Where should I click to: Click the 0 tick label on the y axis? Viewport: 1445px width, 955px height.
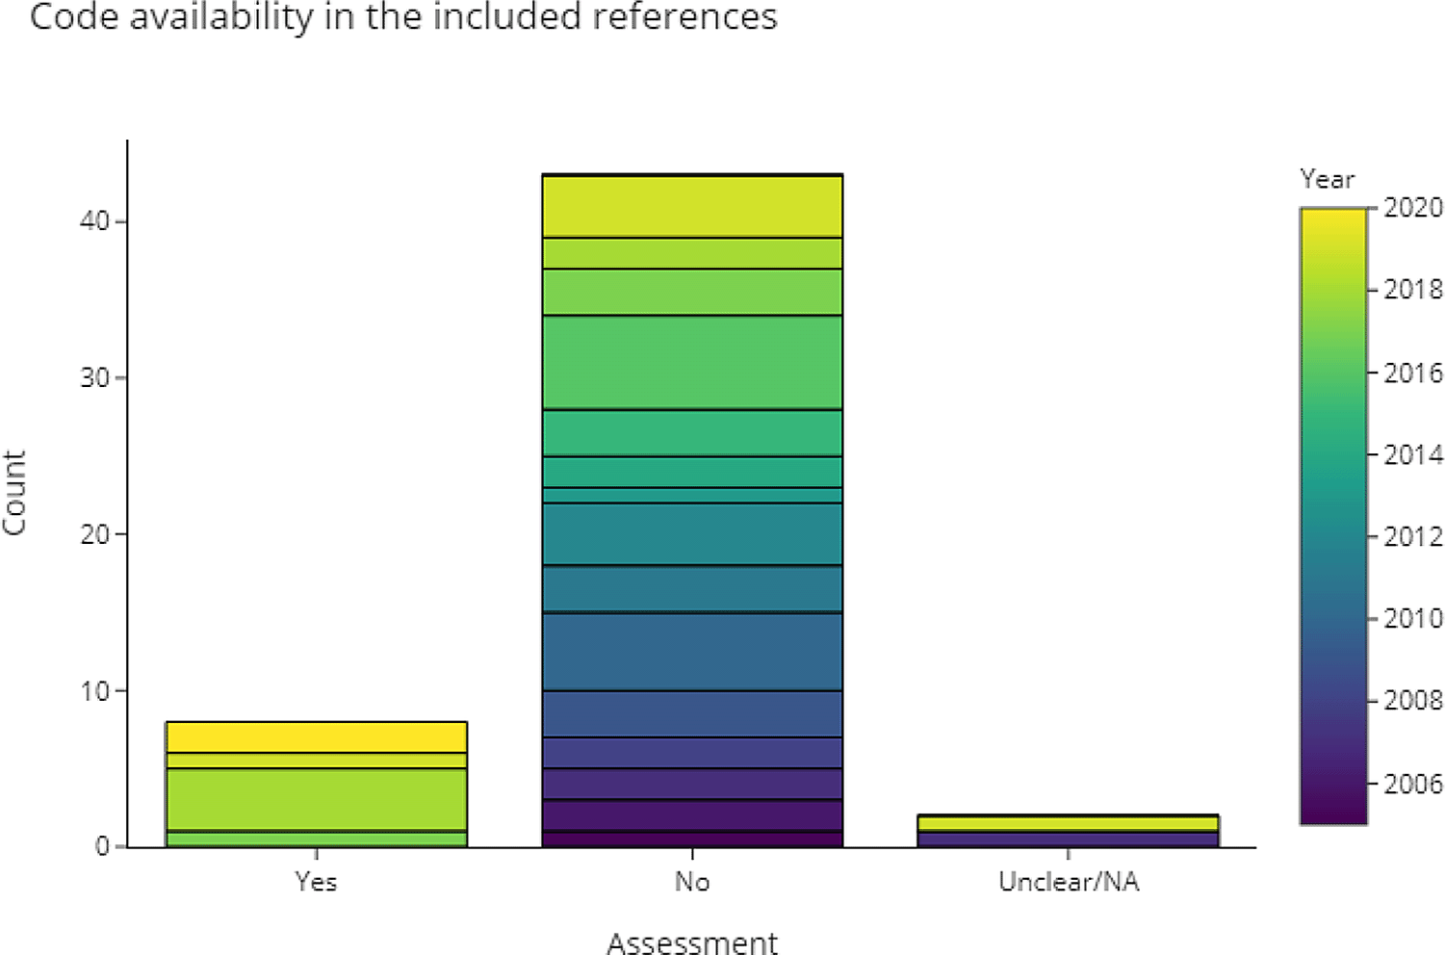tap(102, 847)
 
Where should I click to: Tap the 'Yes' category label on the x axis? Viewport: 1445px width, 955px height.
tap(316, 882)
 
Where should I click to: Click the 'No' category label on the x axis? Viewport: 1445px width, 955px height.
tap(692, 882)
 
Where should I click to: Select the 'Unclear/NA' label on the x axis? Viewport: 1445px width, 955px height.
tap(1069, 882)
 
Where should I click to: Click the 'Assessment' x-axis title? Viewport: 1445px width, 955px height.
tap(692, 942)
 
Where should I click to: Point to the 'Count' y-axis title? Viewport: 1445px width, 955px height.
tap(14, 493)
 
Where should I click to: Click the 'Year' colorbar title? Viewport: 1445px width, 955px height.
tap(1327, 179)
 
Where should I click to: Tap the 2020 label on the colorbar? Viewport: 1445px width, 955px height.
tap(1413, 208)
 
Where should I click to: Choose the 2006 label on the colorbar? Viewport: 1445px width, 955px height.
tap(1413, 784)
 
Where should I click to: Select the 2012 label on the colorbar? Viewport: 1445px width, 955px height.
tap(1413, 536)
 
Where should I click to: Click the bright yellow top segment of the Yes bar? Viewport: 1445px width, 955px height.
tap(316, 736)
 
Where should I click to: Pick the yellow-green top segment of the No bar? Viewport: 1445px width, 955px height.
tap(692, 206)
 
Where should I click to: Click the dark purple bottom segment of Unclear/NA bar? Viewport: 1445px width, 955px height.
tap(1069, 839)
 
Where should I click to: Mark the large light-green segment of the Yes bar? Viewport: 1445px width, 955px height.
tap(316, 799)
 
